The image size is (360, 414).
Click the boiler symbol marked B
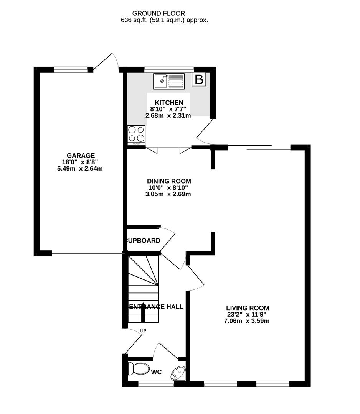[x=199, y=80]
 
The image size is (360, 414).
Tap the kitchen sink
[x=168, y=81]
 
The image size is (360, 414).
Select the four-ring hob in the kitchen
[x=136, y=135]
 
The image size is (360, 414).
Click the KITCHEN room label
[x=169, y=102]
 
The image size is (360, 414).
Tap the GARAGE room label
[x=81, y=155]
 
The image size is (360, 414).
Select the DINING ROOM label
[x=169, y=181]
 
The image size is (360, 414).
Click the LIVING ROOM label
[x=248, y=307]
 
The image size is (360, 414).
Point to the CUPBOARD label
[x=143, y=241]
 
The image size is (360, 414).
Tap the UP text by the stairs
[x=143, y=331]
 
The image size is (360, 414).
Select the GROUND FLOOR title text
[x=164, y=13]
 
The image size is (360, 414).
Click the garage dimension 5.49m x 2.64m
[x=81, y=168]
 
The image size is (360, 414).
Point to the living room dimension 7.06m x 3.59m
[x=248, y=321]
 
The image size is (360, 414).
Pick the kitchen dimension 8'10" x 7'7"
[x=169, y=109]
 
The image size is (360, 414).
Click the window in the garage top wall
[x=71, y=69]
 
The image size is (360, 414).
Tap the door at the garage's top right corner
[x=106, y=61]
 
